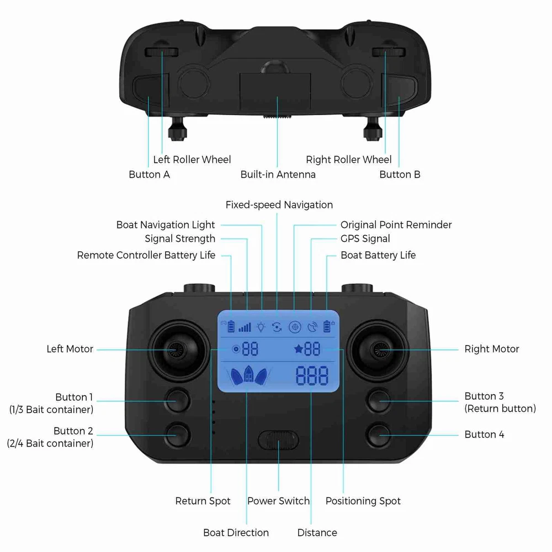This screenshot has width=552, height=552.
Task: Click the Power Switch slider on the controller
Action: click(278, 440)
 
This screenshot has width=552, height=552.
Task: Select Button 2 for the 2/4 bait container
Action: click(178, 435)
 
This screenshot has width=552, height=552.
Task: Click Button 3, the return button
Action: click(379, 401)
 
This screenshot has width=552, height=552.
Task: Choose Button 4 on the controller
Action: click(379, 435)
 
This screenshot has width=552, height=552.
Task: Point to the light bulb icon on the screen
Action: click(261, 327)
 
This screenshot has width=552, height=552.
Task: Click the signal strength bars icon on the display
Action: click(245, 328)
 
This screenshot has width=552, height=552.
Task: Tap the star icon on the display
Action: click(298, 349)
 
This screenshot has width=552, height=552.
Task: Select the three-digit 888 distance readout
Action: click(312, 375)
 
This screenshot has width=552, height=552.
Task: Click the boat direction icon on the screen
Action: click(248, 375)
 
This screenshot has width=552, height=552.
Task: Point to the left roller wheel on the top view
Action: click(162, 52)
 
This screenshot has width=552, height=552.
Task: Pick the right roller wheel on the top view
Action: click(389, 52)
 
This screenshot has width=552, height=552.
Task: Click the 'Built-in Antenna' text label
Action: click(278, 174)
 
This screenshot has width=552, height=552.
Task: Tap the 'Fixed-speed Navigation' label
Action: click(279, 205)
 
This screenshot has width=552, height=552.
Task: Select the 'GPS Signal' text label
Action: click(365, 238)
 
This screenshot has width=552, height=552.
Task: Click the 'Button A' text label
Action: click(149, 174)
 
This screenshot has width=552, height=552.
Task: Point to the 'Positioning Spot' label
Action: click(363, 501)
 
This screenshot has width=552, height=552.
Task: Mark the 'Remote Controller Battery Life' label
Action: click(146, 255)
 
